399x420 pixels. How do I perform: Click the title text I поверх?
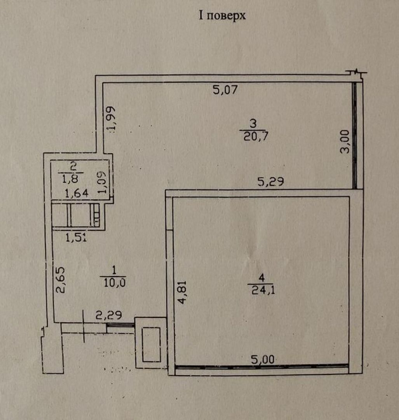tap(222, 16)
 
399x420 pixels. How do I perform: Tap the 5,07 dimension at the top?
tap(225, 90)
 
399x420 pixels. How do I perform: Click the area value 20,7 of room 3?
tap(256, 136)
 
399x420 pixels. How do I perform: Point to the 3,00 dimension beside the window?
tap(345, 142)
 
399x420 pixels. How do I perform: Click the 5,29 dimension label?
tap(270, 182)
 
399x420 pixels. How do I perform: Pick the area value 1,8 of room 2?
tap(70, 178)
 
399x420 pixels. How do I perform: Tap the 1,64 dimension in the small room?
tap(77, 193)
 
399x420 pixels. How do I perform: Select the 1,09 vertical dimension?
tap(102, 182)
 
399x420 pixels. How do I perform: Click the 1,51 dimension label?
tap(76, 237)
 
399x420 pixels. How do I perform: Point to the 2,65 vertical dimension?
tap(60, 280)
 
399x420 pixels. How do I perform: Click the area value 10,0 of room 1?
tap(115, 283)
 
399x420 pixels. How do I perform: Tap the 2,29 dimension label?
tap(109, 315)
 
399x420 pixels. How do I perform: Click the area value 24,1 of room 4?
tap(263, 290)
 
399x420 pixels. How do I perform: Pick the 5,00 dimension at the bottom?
tap(263, 359)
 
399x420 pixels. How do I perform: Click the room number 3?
tap(253, 124)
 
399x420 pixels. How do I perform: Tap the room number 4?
tap(261, 278)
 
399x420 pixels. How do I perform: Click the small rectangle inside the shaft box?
tap(151, 345)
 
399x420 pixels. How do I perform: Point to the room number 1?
tap(114, 270)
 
